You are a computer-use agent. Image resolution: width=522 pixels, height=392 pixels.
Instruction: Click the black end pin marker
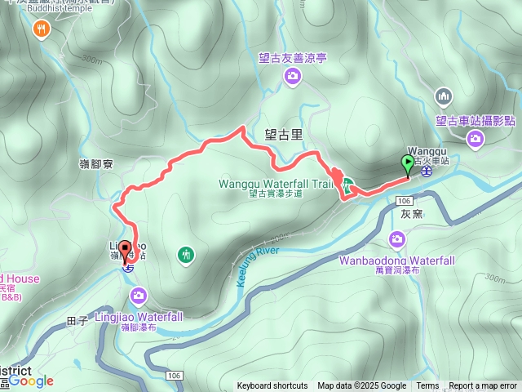(125, 250)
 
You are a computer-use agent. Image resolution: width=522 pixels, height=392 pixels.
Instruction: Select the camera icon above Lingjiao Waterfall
(139, 294)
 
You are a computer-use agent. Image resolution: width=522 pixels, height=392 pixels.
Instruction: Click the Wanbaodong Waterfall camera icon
(396, 239)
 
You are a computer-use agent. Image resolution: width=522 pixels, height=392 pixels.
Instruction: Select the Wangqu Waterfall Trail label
(276, 184)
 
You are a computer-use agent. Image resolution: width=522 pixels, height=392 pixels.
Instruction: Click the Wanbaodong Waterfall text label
(396, 261)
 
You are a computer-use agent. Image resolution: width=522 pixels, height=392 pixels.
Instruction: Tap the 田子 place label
(78, 322)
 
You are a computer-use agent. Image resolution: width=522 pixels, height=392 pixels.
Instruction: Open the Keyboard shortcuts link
(272, 386)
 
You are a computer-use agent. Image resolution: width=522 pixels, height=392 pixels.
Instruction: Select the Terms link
(427, 386)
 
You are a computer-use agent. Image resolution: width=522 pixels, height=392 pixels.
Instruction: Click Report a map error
(483, 386)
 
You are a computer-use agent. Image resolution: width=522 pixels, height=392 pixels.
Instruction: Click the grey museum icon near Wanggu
(444, 96)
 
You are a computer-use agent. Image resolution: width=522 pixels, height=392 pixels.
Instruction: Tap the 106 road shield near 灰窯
(402, 200)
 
